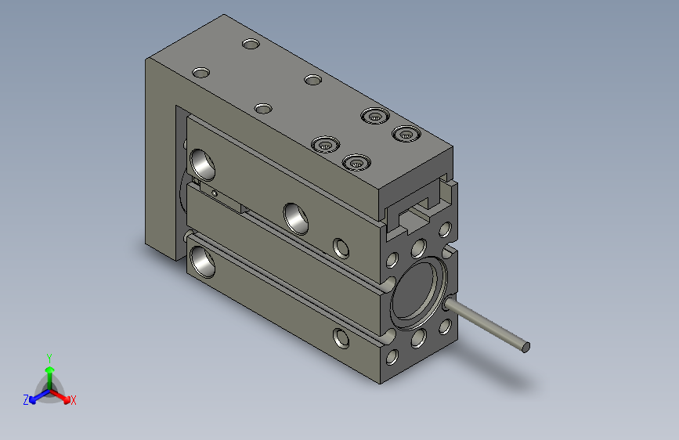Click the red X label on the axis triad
(x=74, y=401)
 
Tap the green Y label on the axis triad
(x=49, y=356)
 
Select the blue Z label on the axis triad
(x=26, y=400)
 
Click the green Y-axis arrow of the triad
(x=49, y=371)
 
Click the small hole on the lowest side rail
(x=342, y=338)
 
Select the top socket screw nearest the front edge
(x=356, y=163)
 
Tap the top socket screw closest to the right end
(x=405, y=134)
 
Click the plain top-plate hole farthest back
(x=251, y=44)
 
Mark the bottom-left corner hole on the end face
(x=392, y=359)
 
